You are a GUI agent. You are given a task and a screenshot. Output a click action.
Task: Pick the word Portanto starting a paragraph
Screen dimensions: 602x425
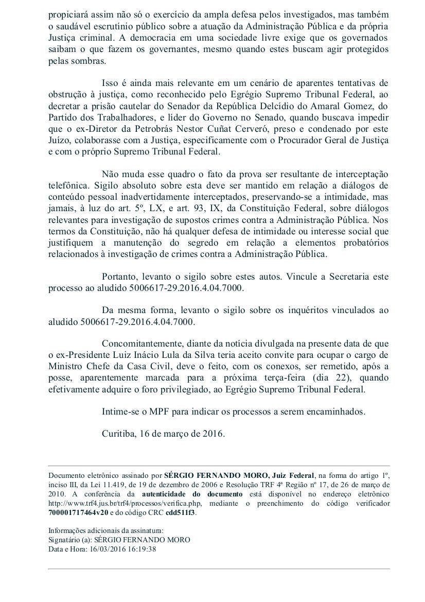coord(119,277)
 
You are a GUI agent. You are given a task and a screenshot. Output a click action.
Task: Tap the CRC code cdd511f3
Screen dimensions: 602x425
coord(180,512)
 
